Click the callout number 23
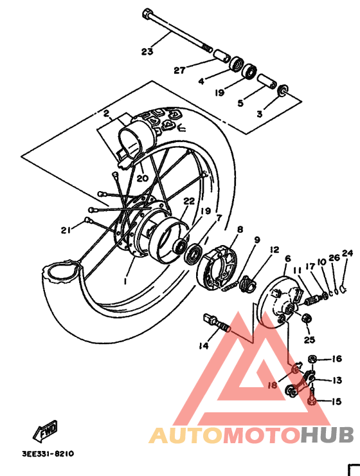click(147, 51)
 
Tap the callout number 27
click(179, 71)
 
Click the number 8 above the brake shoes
click(240, 230)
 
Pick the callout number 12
click(274, 250)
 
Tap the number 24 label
click(347, 253)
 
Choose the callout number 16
click(337, 359)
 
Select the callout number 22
click(188, 201)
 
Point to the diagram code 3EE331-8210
click(48, 453)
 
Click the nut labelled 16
click(312, 358)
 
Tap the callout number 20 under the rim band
click(142, 178)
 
